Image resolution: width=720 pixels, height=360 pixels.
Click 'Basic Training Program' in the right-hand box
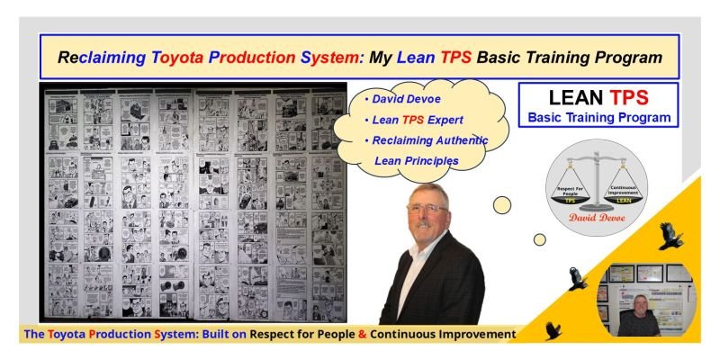pos(598,118)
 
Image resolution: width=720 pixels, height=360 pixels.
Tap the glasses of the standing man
pos(426,207)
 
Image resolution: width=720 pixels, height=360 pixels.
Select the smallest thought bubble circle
pos(539,239)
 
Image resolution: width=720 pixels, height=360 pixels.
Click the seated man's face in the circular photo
pos(640,302)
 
